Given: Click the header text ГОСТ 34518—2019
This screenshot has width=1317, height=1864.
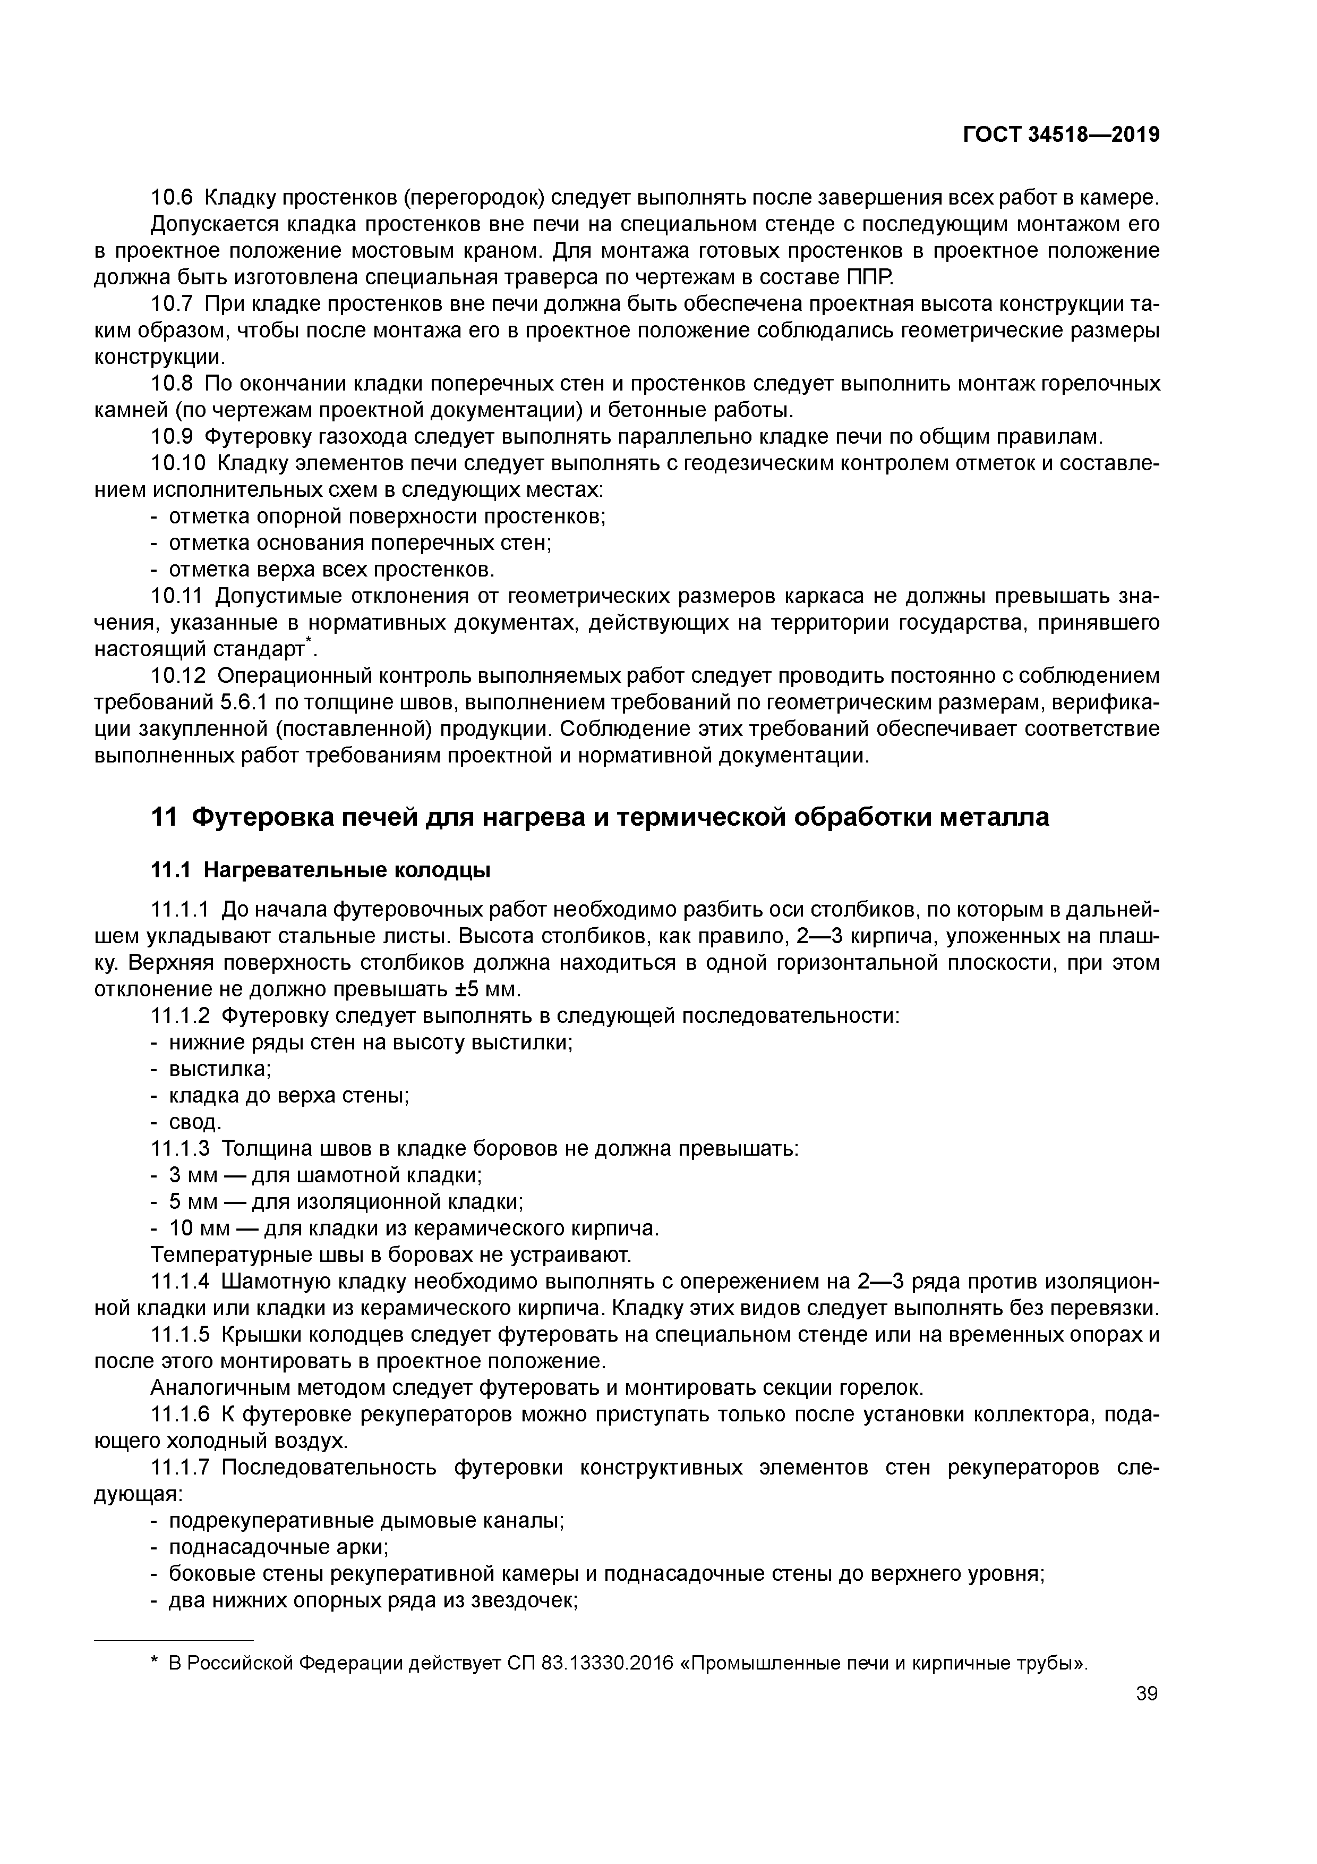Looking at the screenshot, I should (x=1061, y=135).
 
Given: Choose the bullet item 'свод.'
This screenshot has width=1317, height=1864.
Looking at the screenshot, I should (x=195, y=1122).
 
